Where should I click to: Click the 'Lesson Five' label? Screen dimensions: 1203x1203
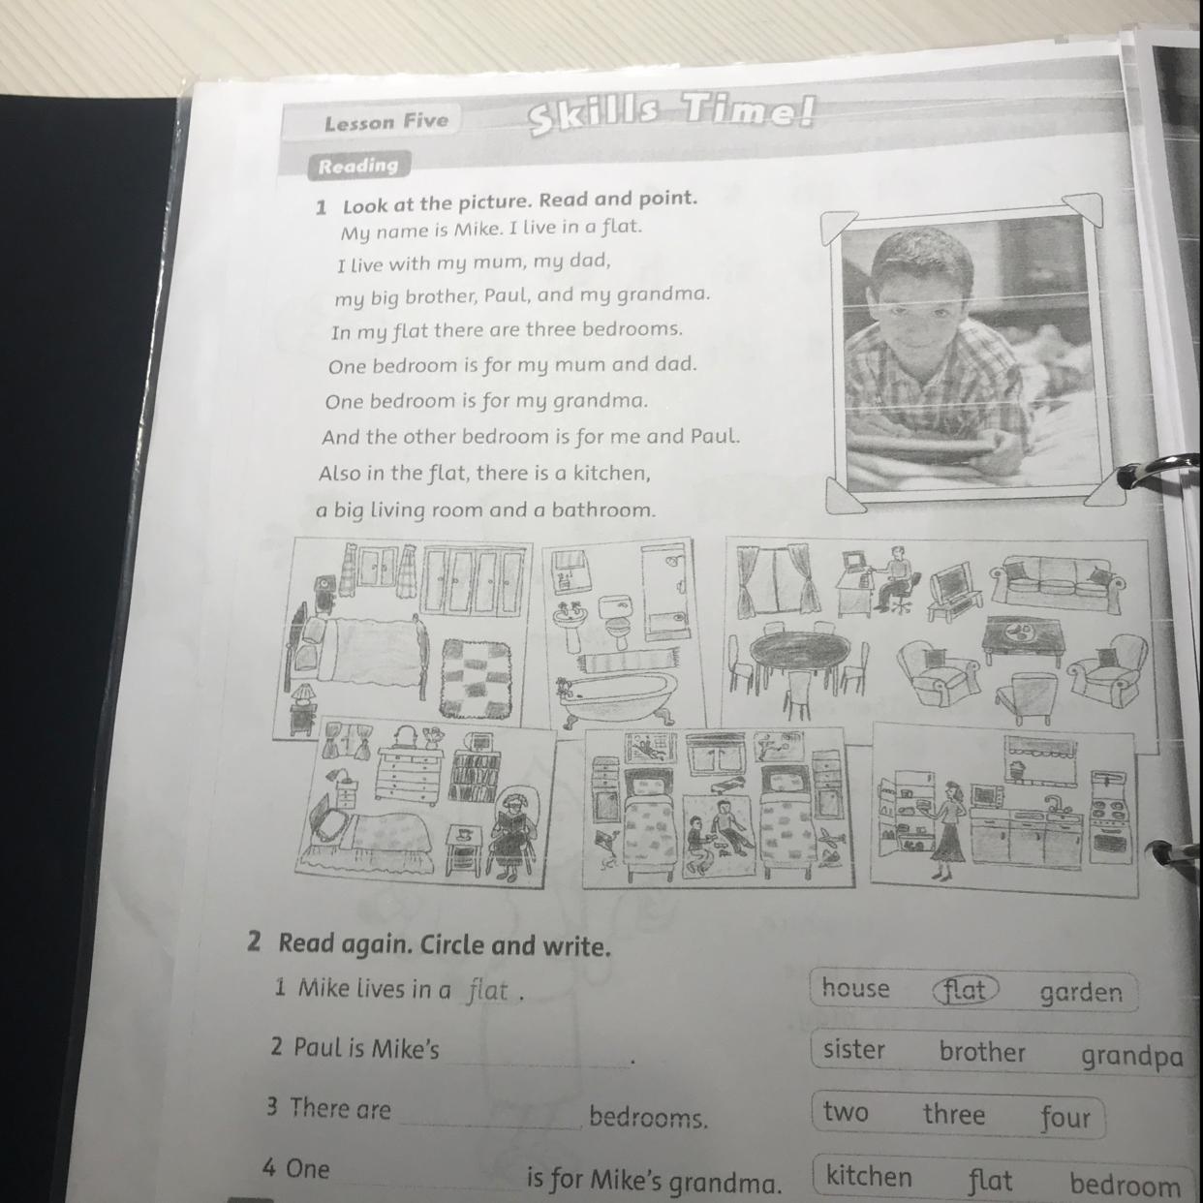[386, 121]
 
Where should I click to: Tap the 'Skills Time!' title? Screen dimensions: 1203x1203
[671, 111]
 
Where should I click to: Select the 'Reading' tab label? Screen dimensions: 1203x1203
[357, 166]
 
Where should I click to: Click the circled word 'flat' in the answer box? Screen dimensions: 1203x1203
[965, 990]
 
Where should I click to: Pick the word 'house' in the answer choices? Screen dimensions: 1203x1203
[855, 988]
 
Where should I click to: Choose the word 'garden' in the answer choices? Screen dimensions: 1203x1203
[1081, 994]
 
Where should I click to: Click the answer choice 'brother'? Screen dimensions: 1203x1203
[982, 1052]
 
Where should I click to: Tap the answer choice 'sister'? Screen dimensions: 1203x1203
[854, 1049]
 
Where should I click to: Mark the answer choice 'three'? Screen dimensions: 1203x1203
[954, 1114]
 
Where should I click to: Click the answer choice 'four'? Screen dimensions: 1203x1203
[1065, 1118]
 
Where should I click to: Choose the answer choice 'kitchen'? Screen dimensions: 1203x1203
[869, 1176]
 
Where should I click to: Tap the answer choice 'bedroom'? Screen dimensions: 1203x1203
[1125, 1183]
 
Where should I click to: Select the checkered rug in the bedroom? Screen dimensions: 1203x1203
[477, 677]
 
